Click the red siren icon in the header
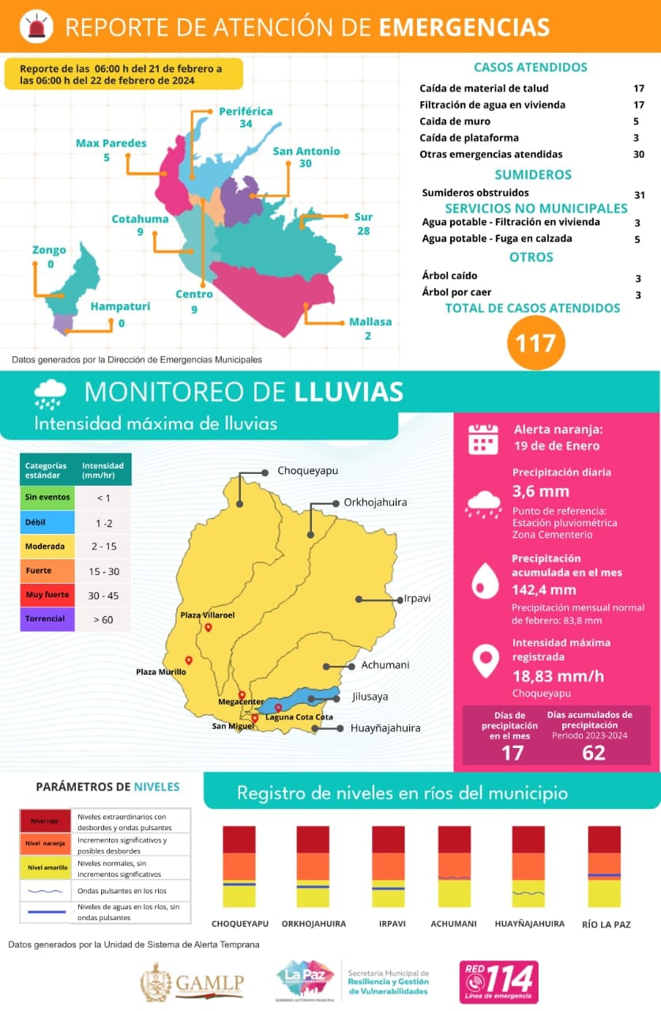coord(36,27)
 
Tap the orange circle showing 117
coord(536,343)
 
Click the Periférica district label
coord(246,111)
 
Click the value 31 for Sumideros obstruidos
coord(640,194)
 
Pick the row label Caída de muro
coord(455,122)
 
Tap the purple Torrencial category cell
coord(47,619)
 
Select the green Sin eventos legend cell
coord(47,498)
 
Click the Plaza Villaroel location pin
coord(208,628)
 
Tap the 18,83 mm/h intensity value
coord(558,676)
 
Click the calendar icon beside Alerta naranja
coord(483,438)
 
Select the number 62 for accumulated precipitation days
coord(593,753)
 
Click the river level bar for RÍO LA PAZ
coord(604,866)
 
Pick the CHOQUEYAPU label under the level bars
coord(240,923)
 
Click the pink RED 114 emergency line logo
coord(498,982)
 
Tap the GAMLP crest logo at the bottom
coord(156,982)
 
